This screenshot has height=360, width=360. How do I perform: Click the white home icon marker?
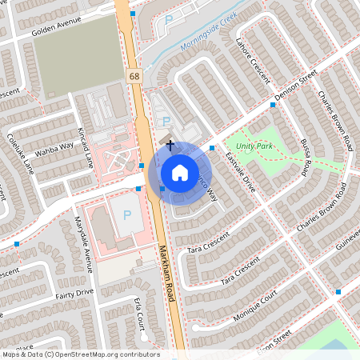179,172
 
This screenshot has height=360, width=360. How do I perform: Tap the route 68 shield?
133,74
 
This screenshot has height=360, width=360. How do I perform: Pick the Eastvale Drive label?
239,173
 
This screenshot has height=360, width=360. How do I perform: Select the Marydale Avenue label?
83,240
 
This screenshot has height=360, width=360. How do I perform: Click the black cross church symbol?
170,145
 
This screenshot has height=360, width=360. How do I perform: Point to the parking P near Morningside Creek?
168,19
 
